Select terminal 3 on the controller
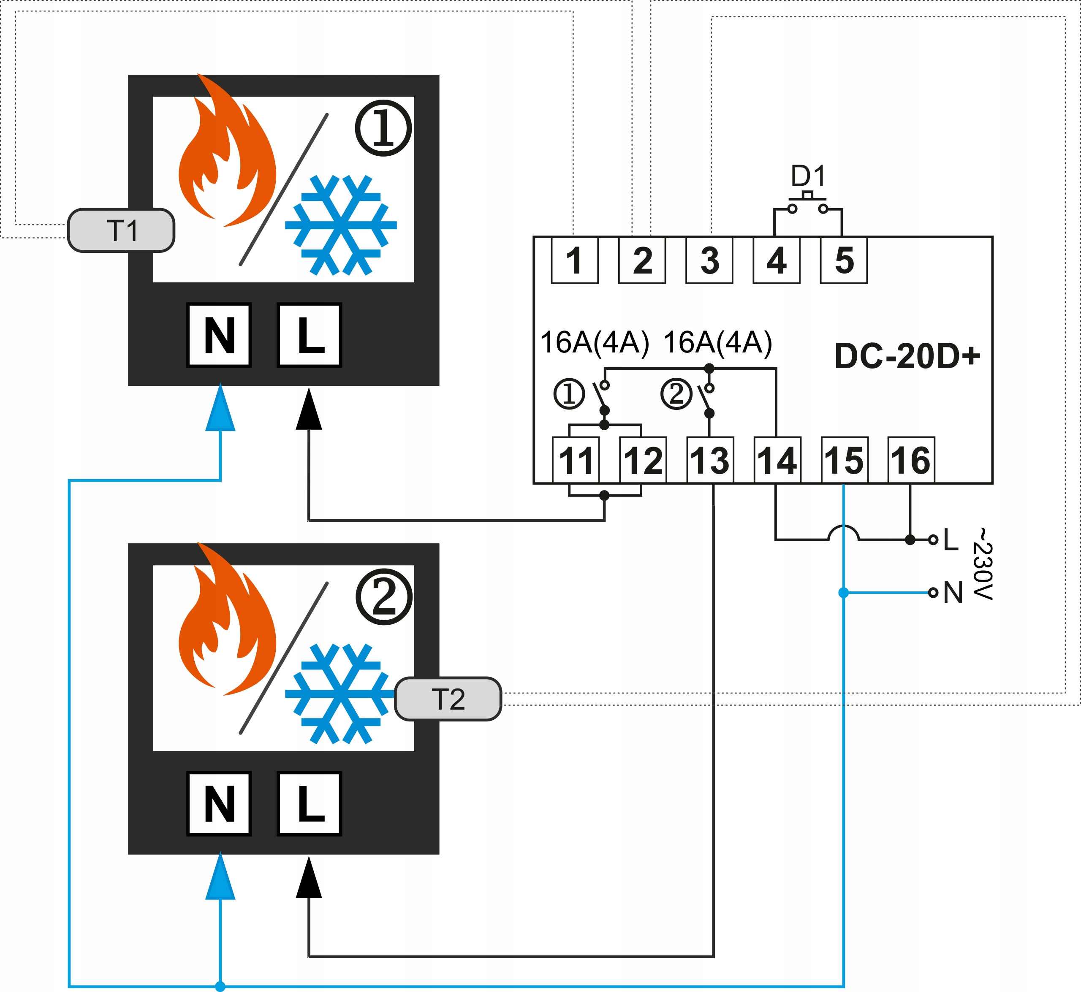click(x=709, y=261)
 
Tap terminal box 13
click(x=710, y=461)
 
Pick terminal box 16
click(x=911, y=461)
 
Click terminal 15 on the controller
click(x=844, y=461)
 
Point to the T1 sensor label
click(x=121, y=231)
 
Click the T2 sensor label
click(x=448, y=699)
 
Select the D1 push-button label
click(x=808, y=176)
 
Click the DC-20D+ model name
click(x=907, y=356)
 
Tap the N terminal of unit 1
click(x=219, y=336)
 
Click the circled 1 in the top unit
click(x=383, y=128)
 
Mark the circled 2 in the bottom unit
click(x=384, y=597)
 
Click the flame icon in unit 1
click(x=225, y=156)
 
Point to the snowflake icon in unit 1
click(x=340, y=225)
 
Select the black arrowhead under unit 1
click(x=309, y=410)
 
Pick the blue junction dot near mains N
click(x=844, y=593)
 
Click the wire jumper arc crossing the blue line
click(x=844, y=532)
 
